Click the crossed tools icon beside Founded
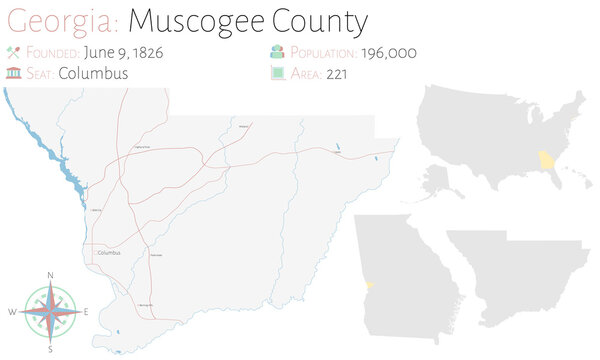12,52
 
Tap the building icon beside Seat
12,72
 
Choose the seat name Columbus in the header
93,72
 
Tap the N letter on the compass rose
50,274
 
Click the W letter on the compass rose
13,312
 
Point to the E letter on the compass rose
87,312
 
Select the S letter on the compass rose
50,349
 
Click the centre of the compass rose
50,311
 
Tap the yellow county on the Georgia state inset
363,287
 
